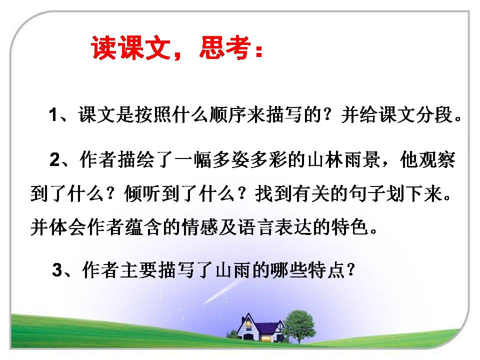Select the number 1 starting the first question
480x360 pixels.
(x=53, y=116)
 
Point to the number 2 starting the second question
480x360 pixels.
(x=55, y=160)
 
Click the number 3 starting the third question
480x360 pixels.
(x=57, y=271)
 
